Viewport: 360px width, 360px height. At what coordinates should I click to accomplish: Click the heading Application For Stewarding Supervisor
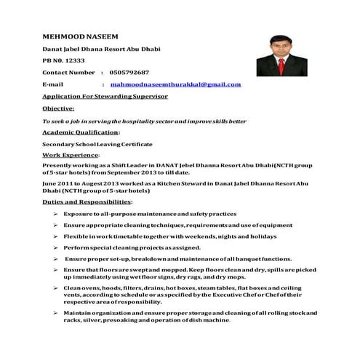point(105,96)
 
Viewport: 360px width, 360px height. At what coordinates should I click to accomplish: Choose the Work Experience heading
point(71,155)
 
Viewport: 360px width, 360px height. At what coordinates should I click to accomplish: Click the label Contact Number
point(69,73)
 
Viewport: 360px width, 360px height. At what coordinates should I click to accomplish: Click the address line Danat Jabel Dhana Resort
point(102,48)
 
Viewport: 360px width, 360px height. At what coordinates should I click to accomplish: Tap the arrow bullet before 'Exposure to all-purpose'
point(56,215)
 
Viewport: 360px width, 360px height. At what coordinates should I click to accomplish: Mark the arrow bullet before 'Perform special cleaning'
point(56,247)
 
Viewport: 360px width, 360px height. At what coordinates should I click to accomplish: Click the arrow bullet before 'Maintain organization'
point(56,312)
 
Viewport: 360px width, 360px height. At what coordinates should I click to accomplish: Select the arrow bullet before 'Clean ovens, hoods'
point(56,289)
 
